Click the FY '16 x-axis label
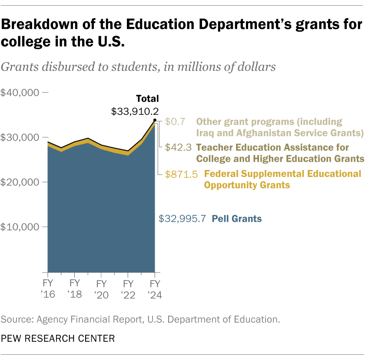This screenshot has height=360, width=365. pyautogui.click(x=47, y=289)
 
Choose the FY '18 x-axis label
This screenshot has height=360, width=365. pyautogui.click(x=74, y=289)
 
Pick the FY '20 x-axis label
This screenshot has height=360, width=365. pyautogui.click(x=101, y=289)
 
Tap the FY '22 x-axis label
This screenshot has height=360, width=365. pyautogui.click(x=128, y=289)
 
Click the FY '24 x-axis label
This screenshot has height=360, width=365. pyautogui.click(x=155, y=289)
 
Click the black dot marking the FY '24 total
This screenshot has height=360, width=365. pyautogui.click(x=155, y=120)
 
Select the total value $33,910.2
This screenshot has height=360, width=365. pyautogui.click(x=135, y=111)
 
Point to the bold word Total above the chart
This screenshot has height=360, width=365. pyautogui.click(x=147, y=99)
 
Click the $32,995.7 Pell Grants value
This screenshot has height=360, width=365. pyautogui.click(x=182, y=219)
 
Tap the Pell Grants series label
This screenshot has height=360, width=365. pyautogui.click(x=236, y=219)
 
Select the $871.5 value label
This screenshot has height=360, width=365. pyautogui.click(x=181, y=174)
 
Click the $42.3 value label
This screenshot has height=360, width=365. pyautogui.click(x=179, y=147)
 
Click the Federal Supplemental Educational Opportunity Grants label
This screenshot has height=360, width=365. pyautogui.click(x=282, y=179)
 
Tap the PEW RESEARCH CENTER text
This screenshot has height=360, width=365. pyautogui.click(x=58, y=338)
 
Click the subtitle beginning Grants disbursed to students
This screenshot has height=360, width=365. pyautogui.click(x=138, y=67)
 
